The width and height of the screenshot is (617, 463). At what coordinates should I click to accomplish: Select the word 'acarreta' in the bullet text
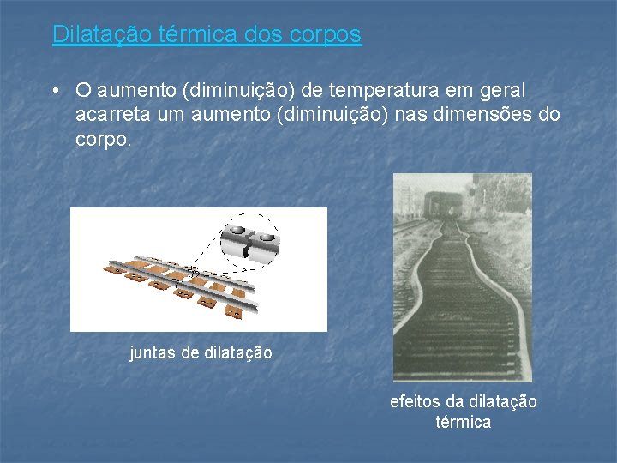pyautogui.click(x=108, y=115)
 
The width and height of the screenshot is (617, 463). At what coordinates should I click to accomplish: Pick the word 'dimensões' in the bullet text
pyautogui.click(x=482, y=115)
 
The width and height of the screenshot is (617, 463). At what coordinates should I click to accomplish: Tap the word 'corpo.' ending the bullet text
pyautogui.click(x=104, y=139)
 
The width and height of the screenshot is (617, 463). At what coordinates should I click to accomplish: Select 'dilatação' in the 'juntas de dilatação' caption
pyautogui.click(x=239, y=352)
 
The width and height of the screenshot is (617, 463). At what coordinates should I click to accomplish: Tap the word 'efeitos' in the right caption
pyautogui.click(x=415, y=401)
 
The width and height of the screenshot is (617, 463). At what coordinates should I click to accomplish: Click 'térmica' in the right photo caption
pyautogui.click(x=463, y=422)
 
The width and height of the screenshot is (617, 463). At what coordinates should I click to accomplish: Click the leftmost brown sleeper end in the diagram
pyautogui.click(x=110, y=268)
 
